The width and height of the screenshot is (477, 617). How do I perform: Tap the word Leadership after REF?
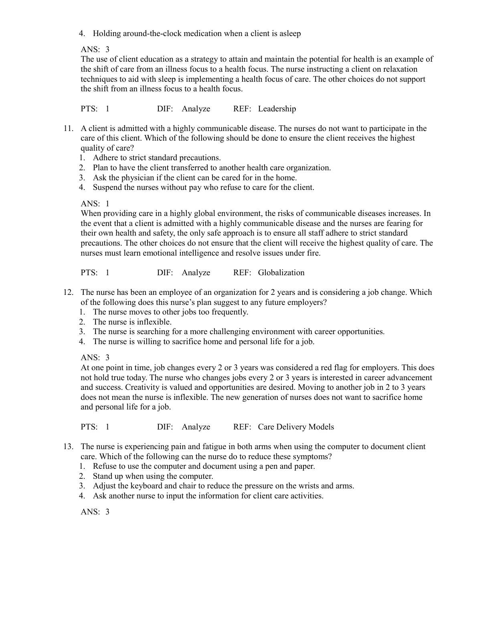277,109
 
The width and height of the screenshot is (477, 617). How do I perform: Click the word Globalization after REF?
281,273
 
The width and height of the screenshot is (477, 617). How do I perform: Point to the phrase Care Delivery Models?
295,427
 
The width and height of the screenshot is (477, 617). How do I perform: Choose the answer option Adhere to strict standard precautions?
157,158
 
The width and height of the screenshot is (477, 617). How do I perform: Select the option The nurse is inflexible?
132,322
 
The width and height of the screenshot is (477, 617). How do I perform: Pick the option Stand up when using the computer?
153,476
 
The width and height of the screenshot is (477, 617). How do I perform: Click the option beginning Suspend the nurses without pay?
203,187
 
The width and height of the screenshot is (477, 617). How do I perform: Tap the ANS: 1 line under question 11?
95,204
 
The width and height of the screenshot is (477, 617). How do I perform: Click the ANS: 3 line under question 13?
95,512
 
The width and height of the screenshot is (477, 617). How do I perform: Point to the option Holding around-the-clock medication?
196,34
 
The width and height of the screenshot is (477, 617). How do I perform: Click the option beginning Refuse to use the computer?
204,466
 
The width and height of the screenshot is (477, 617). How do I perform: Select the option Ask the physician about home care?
194,177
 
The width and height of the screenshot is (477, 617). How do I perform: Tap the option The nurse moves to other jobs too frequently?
170,312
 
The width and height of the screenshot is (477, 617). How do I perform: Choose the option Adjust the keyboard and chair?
223,486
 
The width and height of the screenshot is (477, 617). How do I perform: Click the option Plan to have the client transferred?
212,168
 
